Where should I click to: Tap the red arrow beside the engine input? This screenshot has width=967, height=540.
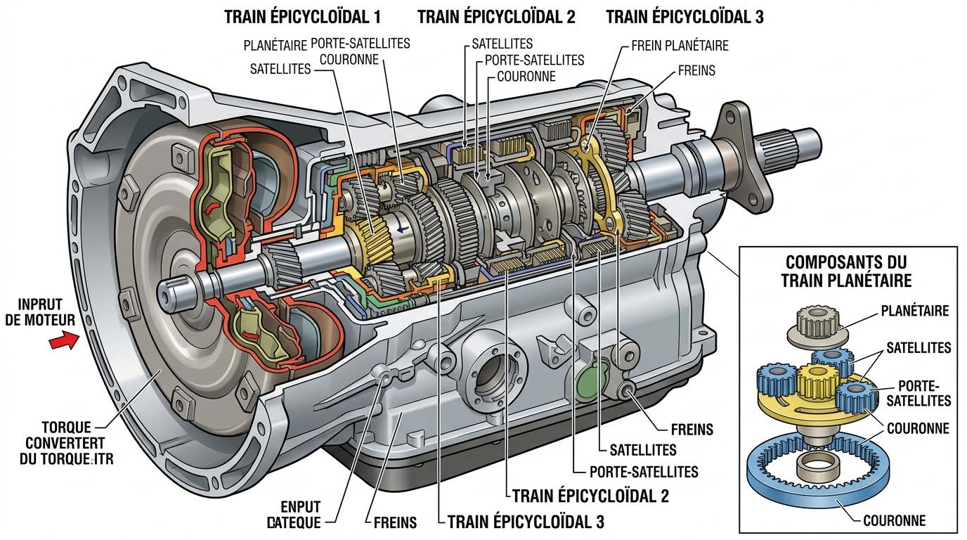pos(63,342)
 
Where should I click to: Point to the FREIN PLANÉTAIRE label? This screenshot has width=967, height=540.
pos(680,46)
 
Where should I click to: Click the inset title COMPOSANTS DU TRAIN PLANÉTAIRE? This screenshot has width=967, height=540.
pos(846,271)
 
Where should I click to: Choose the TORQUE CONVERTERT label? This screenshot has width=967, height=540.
pos(73,443)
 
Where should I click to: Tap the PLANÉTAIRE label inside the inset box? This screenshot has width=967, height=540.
pos(914,311)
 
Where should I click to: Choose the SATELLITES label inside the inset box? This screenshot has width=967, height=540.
pos(918,347)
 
